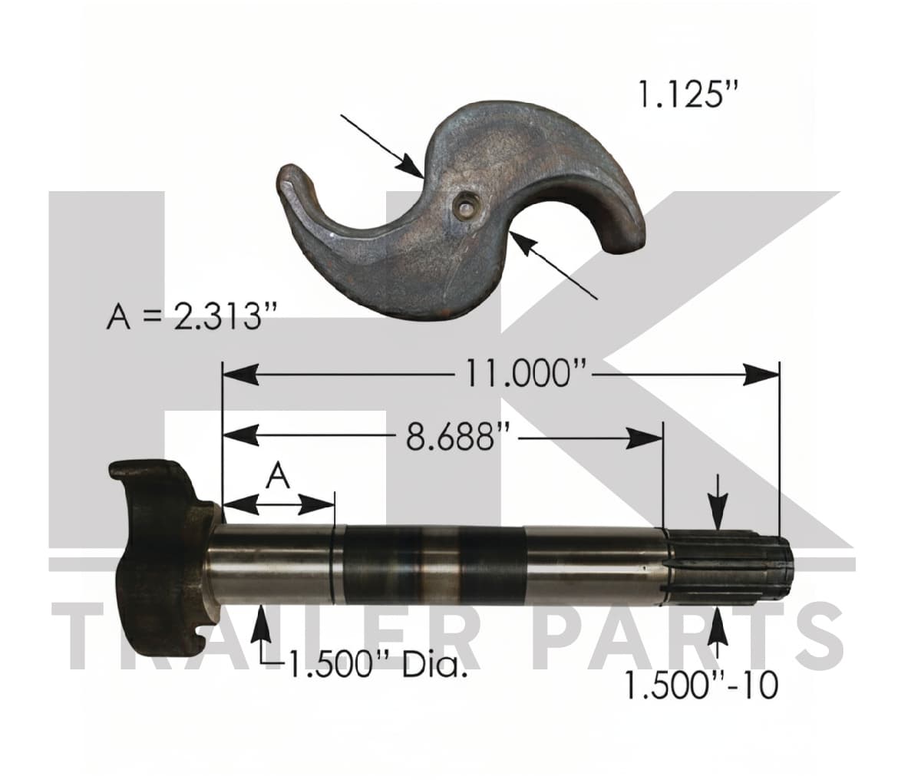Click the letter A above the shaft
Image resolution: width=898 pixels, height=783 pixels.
click(x=279, y=477)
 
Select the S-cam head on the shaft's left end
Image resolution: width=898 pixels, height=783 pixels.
click(x=160, y=559)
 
